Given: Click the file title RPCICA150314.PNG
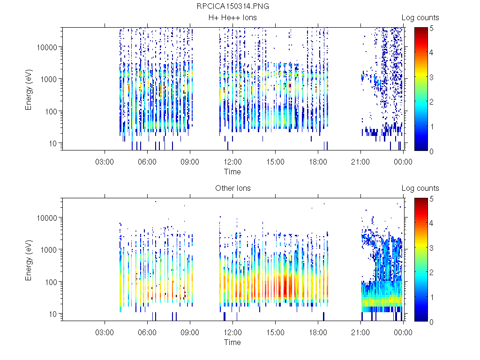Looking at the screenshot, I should pyautogui.click(x=233, y=7).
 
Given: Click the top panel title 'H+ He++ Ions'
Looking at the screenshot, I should pyautogui.click(x=233, y=18).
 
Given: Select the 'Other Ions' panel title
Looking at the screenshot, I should pyautogui.click(x=233, y=188).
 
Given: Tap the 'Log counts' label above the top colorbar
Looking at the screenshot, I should pyautogui.click(x=420, y=18).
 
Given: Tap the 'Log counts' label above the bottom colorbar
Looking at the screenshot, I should pyautogui.click(x=420, y=188).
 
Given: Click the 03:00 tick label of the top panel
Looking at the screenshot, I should pyautogui.click(x=105, y=162).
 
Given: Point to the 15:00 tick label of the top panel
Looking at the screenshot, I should pyautogui.click(x=275, y=162).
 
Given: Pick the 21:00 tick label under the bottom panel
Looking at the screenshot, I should pyautogui.click(x=360, y=332).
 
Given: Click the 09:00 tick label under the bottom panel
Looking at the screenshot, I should pyautogui.click(x=190, y=332).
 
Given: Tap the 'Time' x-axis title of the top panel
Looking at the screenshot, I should pyautogui.click(x=232, y=172).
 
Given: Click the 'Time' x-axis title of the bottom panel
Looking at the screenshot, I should pyautogui.click(x=232, y=342).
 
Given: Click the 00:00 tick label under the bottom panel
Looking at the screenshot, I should pyautogui.click(x=403, y=332).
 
